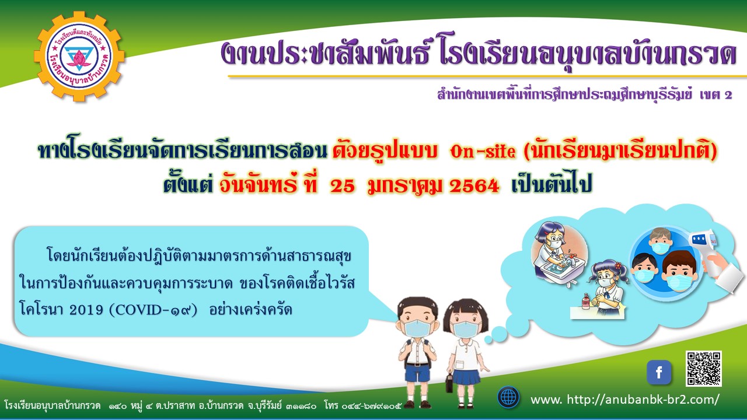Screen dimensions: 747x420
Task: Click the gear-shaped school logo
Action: point(79,57)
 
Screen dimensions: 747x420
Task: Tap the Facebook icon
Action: point(659,372)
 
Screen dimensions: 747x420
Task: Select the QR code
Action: point(704,369)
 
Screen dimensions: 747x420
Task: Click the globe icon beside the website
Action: point(508,397)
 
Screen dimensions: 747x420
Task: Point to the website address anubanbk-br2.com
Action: point(624,399)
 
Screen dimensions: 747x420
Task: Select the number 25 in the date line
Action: point(342,186)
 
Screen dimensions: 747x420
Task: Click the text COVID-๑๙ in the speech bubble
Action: point(153,310)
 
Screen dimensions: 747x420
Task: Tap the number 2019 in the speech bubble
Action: point(86,310)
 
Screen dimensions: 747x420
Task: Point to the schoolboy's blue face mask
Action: point(417,328)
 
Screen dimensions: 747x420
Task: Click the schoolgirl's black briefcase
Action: point(449,383)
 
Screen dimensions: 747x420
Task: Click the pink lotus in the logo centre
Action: point(79,59)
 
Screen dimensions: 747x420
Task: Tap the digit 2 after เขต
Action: point(728,95)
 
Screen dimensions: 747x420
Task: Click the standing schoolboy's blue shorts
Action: point(415,372)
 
